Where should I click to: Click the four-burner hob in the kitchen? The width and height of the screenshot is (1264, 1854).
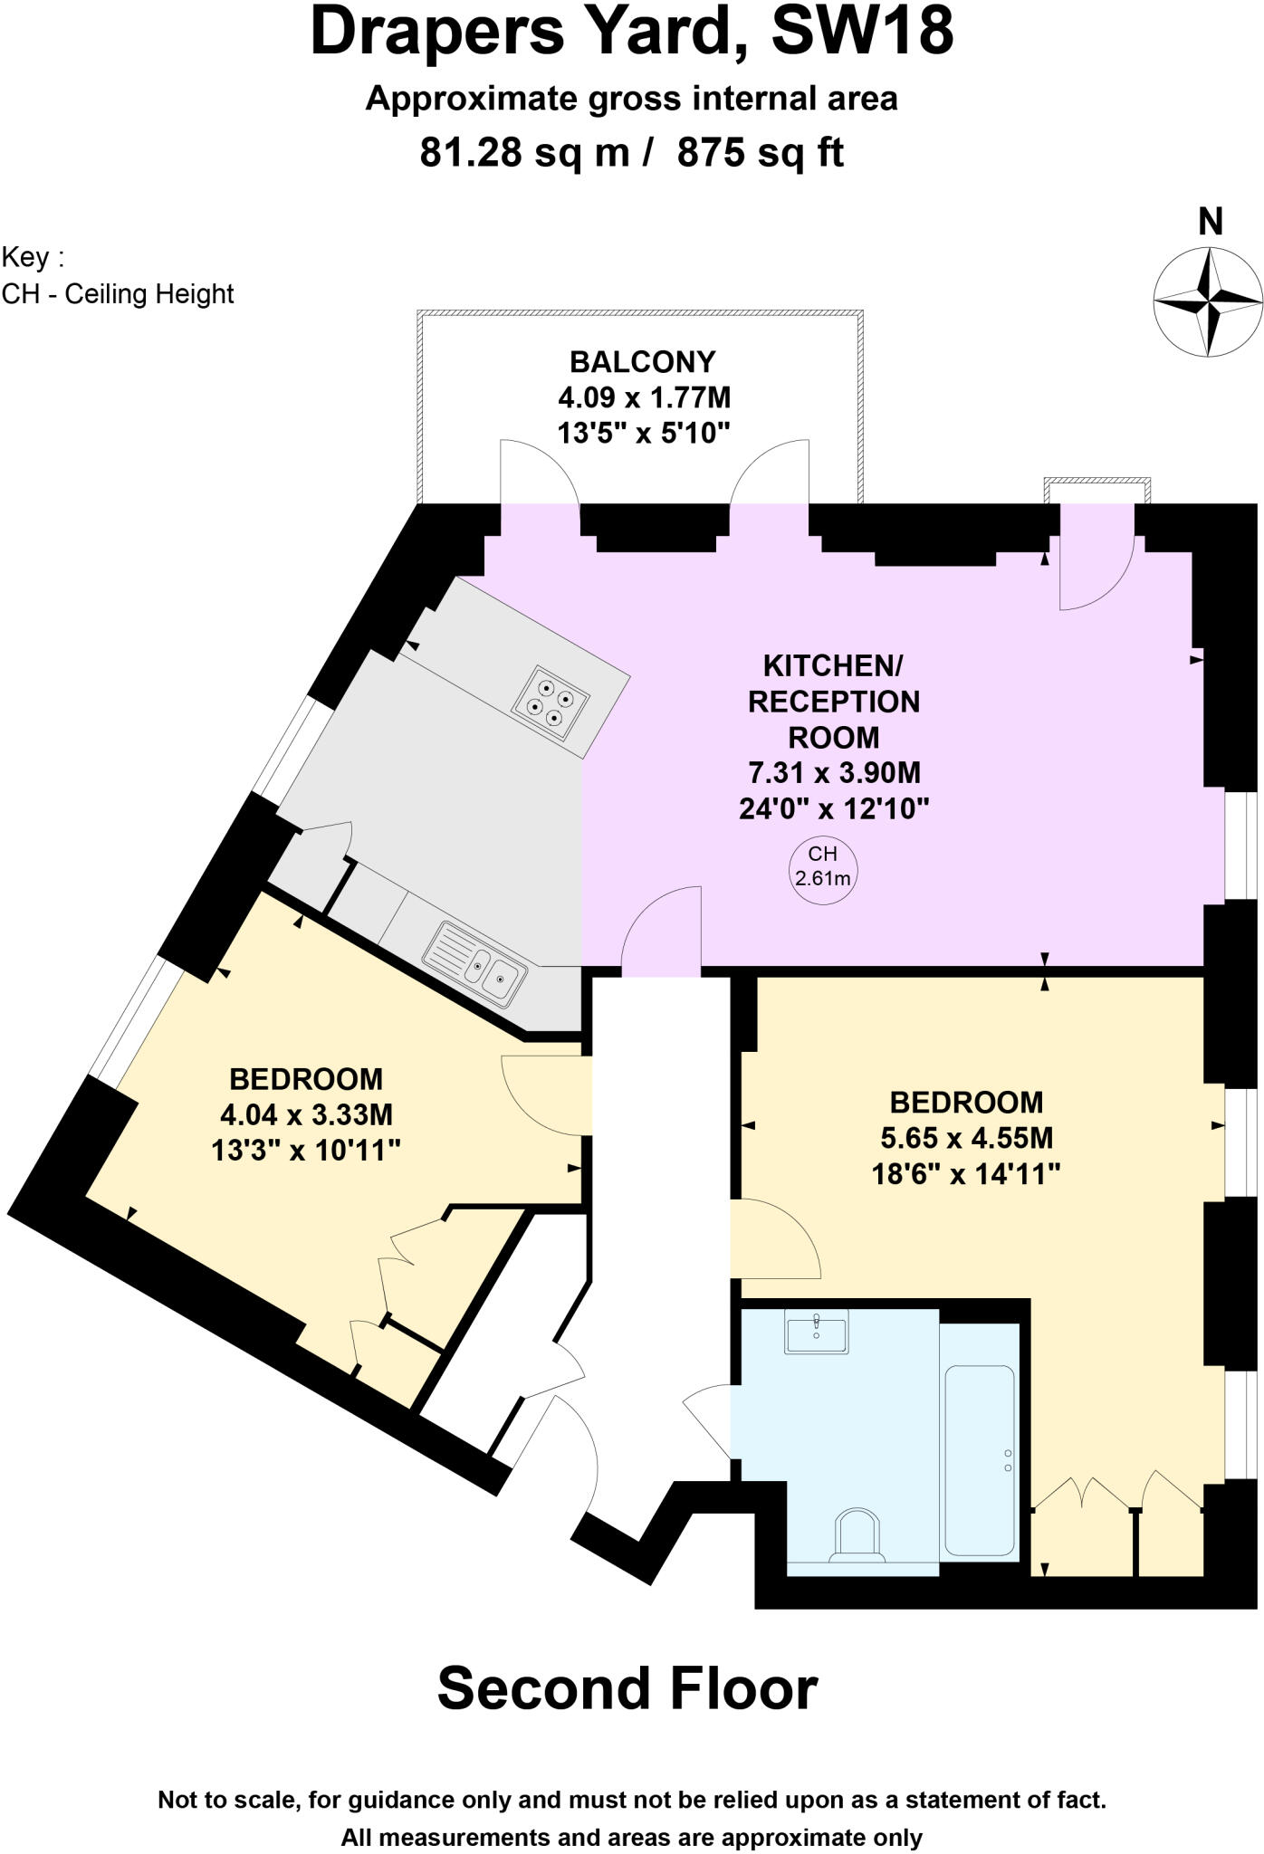coord(551,702)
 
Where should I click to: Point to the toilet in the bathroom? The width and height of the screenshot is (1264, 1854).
coord(857,1534)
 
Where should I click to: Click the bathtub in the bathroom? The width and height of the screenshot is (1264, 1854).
coord(980,1458)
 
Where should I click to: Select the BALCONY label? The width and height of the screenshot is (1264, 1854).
coord(642,362)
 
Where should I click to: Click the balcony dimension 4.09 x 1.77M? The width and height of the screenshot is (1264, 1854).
coord(644,397)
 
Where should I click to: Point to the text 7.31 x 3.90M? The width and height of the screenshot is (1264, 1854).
coord(834,773)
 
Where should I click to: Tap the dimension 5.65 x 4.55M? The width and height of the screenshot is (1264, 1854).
coord(966,1138)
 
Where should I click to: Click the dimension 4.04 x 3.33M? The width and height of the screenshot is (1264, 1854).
coord(306,1114)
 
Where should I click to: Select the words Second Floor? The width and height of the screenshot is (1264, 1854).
coord(627,1689)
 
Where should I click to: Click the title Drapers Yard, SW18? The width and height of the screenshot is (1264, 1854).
coord(631,33)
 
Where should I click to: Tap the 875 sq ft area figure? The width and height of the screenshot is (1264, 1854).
coord(760,153)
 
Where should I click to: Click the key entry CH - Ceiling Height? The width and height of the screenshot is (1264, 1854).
coord(118,294)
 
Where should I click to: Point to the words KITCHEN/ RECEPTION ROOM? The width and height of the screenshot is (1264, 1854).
coord(833,702)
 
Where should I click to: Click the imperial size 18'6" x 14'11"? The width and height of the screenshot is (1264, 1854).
coord(966,1174)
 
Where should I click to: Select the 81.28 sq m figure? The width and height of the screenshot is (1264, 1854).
coord(524,153)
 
